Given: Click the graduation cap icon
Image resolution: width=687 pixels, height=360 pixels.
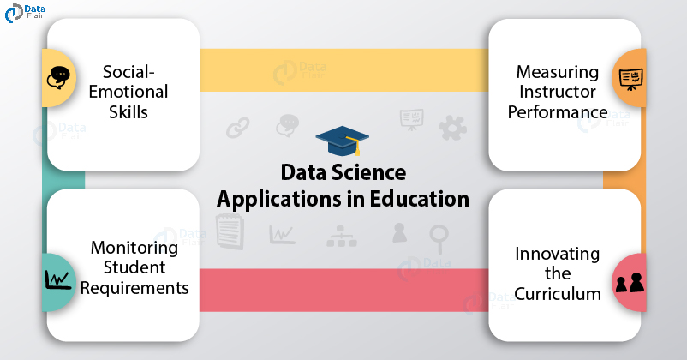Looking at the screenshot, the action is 342,141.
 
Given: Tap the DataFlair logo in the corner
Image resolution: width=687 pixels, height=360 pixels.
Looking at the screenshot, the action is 25,12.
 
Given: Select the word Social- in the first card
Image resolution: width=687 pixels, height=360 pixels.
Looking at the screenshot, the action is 128,72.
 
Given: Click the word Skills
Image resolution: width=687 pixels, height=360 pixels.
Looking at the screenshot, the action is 128,112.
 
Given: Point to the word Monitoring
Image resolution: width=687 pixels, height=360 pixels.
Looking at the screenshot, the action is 134,249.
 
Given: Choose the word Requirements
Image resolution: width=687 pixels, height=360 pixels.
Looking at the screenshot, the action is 134,288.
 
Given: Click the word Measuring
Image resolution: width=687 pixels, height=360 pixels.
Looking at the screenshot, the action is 558,72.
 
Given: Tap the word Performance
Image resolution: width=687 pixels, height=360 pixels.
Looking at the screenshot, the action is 558,112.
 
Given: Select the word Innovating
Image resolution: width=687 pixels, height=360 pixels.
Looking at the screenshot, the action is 558,254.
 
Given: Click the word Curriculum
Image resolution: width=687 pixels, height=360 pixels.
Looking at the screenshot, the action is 558,294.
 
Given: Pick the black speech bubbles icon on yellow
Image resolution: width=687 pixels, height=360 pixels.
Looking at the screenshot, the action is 58,78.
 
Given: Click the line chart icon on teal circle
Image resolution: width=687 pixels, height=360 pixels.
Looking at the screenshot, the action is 58,279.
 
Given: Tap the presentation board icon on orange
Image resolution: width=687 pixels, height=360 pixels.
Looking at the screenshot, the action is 631,79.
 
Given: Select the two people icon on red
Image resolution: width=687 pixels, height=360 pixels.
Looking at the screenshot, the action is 630,282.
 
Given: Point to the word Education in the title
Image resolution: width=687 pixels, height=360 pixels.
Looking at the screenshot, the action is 419,199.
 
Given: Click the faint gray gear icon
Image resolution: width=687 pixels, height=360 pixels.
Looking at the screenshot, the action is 452,128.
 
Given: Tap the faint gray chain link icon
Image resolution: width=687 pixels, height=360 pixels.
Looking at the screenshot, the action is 238,128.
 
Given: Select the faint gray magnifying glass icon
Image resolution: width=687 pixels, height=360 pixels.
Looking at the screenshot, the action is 439,238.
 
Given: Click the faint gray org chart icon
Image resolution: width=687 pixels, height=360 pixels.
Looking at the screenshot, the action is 342,236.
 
